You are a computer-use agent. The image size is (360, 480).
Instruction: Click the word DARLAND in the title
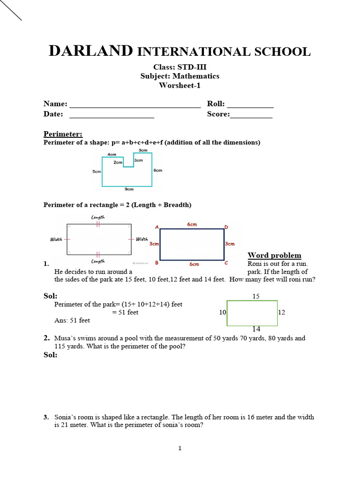(x=91, y=52)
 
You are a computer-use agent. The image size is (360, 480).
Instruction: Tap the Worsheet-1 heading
(x=180, y=85)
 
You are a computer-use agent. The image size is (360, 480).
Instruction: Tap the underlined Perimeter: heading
(x=63, y=134)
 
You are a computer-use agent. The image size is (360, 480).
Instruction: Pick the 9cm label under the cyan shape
(x=129, y=189)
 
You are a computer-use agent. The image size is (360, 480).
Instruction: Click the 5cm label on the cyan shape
(x=97, y=172)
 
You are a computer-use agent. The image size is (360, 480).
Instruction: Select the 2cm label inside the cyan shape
(x=118, y=163)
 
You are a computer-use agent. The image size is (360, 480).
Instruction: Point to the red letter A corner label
(x=157, y=228)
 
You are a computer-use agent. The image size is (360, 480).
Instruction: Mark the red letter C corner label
(x=226, y=263)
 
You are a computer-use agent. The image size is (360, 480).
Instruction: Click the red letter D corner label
(x=226, y=227)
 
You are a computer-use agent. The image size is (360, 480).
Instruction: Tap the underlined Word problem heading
(x=274, y=255)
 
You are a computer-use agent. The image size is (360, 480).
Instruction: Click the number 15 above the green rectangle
(x=256, y=296)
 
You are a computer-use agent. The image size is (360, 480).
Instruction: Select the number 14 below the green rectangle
(x=256, y=330)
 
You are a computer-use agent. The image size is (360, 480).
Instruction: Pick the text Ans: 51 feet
(x=72, y=321)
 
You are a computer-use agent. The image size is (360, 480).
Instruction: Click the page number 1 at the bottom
(x=180, y=449)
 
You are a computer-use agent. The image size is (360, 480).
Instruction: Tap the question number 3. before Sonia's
(x=46, y=417)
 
